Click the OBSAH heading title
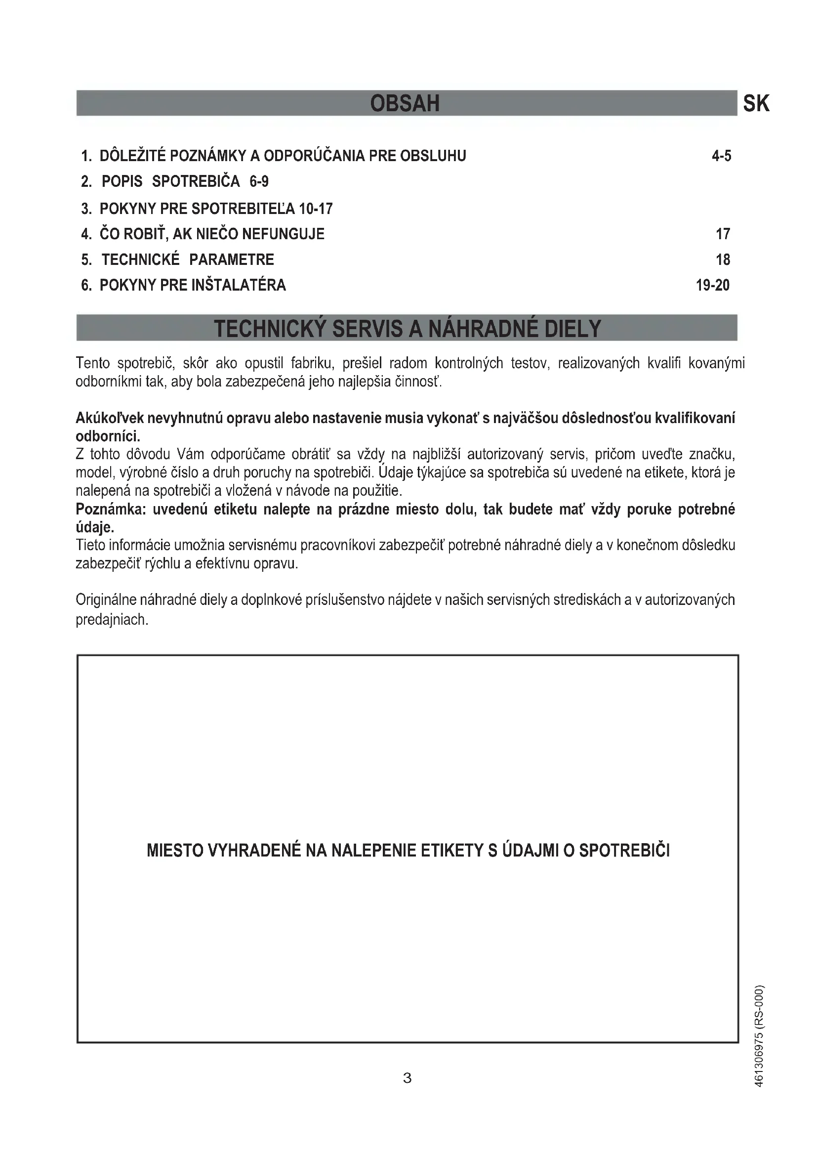[x=405, y=103]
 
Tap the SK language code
[x=756, y=104]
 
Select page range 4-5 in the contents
[x=721, y=156]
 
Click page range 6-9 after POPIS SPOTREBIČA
[x=259, y=181]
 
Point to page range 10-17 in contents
[x=316, y=209]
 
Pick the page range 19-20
[x=712, y=286]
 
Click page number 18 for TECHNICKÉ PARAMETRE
[x=723, y=260]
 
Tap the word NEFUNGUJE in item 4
[x=283, y=234]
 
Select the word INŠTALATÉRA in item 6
[x=239, y=286]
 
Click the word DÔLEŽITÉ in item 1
[x=132, y=156]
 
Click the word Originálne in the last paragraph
[x=106, y=600]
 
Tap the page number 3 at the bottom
[x=408, y=1078]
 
